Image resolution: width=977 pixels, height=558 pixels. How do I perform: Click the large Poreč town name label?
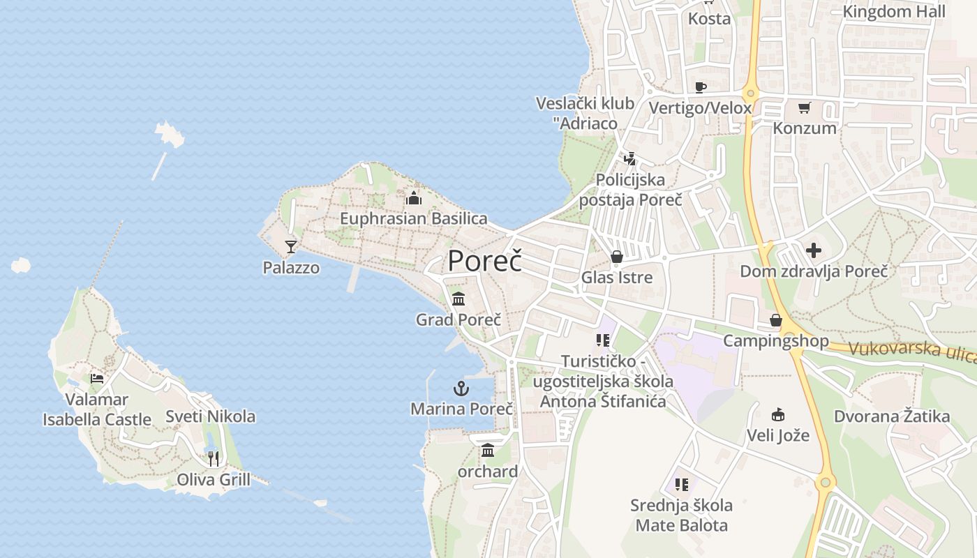484,261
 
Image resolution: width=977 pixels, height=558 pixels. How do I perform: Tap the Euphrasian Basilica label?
413,218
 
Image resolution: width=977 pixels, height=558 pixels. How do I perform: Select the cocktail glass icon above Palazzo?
291,246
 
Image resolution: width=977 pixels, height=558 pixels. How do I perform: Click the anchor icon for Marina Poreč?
461,389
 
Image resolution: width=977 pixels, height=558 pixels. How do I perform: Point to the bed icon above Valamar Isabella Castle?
97,379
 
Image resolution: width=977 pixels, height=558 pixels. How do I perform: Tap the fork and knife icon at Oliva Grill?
214,458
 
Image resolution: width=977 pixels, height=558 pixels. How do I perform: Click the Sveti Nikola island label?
210,416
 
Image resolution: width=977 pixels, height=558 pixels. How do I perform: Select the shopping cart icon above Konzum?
804,108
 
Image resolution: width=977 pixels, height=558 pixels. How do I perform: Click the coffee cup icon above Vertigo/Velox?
701,87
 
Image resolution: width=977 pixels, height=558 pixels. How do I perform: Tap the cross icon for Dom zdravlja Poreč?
814,250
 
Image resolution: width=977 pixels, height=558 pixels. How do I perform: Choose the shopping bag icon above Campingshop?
775,320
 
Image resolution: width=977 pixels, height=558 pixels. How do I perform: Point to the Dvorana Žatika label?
892,416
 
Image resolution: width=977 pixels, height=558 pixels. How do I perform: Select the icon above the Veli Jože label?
778,415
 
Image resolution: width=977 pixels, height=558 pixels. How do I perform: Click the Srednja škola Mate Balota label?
681,515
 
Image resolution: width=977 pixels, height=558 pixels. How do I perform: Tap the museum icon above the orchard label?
488,451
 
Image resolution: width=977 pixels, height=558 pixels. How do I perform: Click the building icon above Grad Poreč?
458,299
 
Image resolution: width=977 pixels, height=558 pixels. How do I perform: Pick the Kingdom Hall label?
894,11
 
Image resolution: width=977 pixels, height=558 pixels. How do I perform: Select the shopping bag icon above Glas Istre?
617,257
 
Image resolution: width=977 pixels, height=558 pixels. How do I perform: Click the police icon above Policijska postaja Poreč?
630,159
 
